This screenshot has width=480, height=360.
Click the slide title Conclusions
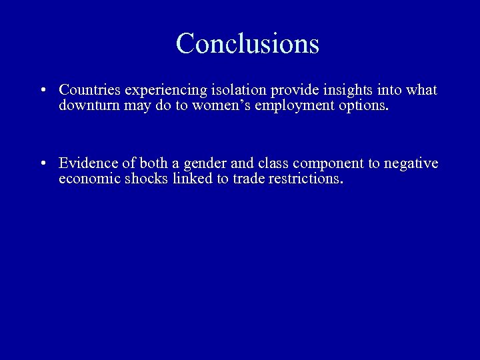pos(247,44)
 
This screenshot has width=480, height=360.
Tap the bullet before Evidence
pos(42,164)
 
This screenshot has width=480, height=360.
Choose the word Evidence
pos(87,163)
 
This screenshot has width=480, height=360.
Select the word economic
pos(89,179)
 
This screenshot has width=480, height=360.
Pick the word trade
pos(248,179)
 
